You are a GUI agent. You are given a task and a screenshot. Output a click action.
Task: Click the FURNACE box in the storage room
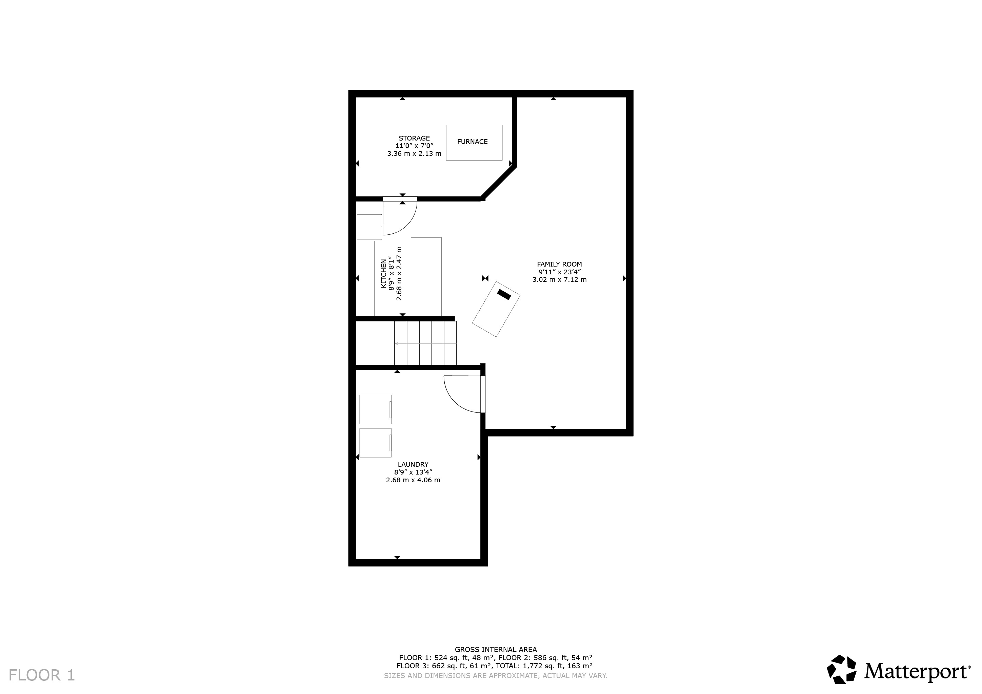click(474, 143)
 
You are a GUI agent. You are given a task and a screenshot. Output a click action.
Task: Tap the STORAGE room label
click(414, 138)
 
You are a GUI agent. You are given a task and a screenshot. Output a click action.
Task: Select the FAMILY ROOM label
click(559, 264)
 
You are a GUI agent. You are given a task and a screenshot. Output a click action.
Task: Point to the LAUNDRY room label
click(413, 464)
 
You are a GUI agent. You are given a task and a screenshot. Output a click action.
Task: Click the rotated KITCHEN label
click(384, 273)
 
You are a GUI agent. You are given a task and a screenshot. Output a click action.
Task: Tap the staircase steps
click(425, 343)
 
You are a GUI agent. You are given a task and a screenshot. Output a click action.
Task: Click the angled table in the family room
click(496, 309)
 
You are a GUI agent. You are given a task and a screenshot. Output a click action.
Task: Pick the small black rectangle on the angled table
click(504, 294)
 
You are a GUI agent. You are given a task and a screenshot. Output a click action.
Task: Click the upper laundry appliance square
click(376, 409)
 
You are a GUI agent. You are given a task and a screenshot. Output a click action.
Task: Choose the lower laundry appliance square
click(376, 443)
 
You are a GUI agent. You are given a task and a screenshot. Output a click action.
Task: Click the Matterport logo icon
click(841, 681)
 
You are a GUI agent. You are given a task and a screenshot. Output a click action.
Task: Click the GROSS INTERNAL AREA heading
click(496, 650)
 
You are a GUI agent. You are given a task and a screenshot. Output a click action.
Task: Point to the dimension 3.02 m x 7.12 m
click(559, 279)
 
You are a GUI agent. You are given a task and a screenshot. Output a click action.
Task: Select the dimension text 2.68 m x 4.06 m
click(413, 480)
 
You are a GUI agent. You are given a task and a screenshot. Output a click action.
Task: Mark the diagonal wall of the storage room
click(499, 183)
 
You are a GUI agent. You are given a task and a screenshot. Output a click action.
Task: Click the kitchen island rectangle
click(426, 277)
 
